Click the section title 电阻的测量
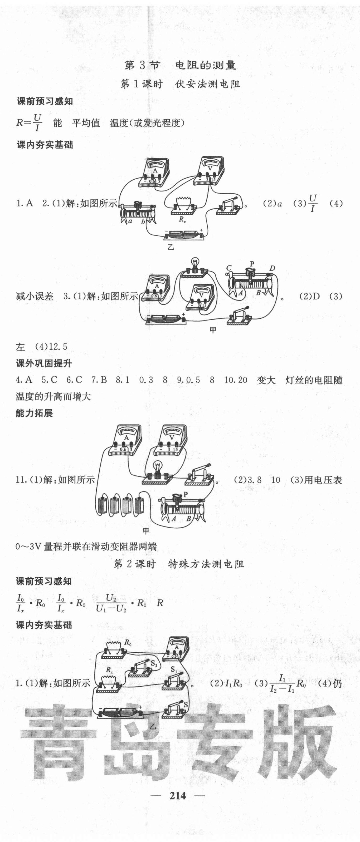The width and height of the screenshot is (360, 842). point(205,65)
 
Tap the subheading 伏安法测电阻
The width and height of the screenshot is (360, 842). point(208,84)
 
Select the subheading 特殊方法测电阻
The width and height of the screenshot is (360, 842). point(206,564)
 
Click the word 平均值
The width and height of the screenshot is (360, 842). point(86,123)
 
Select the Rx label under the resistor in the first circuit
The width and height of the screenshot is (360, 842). point(182,219)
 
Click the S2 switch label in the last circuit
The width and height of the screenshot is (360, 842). point(154,663)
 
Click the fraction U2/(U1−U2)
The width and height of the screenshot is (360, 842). point(111,603)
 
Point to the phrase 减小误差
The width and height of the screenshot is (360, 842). point(34,297)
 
